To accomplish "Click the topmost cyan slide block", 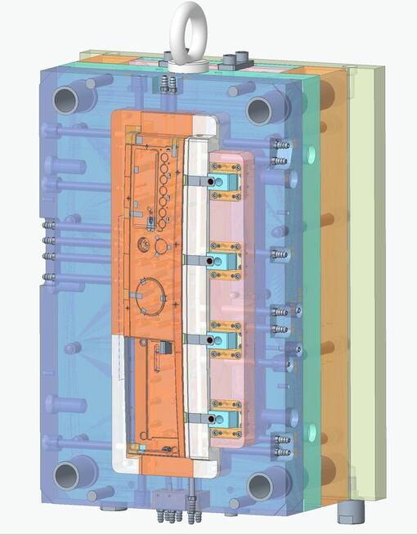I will pos(226,182).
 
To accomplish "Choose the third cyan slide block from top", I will pos(226,340).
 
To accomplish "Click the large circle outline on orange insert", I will pos(150,295).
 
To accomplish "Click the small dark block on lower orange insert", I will pos(164,347).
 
